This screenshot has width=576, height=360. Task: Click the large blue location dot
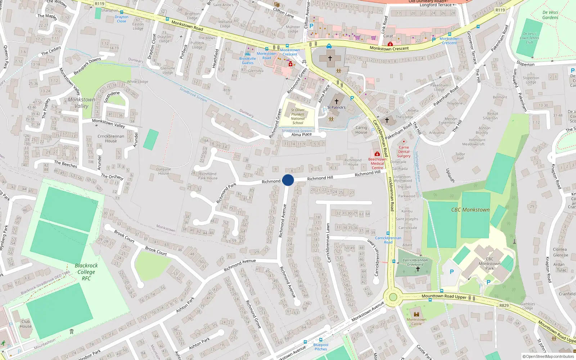[x=288, y=180]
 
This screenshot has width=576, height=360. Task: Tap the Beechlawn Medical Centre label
[x=377, y=163]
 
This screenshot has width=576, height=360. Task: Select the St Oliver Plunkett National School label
[x=298, y=116]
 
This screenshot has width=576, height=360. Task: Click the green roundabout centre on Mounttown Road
[x=393, y=297]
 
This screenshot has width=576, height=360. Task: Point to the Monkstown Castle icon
[x=417, y=314]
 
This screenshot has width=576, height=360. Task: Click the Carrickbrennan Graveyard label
[x=415, y=262]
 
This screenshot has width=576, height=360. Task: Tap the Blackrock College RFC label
[x=86, y=272]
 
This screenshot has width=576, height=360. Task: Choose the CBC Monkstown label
[x=470, y=210]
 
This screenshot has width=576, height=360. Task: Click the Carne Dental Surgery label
[x=404, y=152]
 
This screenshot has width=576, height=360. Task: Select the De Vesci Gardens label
[x=550, y=15]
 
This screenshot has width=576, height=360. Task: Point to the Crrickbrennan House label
[x=111, y=139]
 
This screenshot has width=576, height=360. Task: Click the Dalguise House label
[x=163, y=171]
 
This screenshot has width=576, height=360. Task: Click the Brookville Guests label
[x=248, y=60]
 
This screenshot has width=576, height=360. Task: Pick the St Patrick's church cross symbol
[x=337, y=102]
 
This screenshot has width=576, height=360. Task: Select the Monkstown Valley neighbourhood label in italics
[x=82, y=103]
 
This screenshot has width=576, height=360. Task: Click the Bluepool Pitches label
[x=321, y=347]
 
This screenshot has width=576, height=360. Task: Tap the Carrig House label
[x=361, y=130]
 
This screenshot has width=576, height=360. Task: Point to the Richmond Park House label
[x=208, y=176]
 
